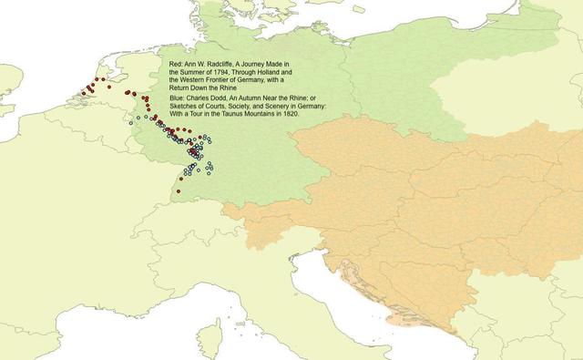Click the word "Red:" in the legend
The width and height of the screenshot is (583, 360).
point(177,63)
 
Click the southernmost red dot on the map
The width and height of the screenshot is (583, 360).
point(179,191)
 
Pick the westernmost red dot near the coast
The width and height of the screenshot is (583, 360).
point(83,93)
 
